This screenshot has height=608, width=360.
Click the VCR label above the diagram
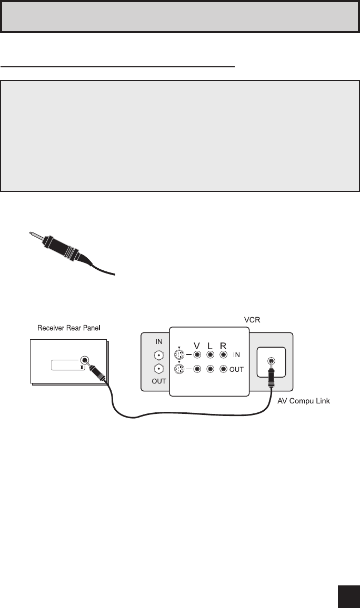click(252, 320)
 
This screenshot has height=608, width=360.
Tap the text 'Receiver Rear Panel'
click(68, 328)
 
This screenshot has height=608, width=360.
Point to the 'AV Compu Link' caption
click(303, 401)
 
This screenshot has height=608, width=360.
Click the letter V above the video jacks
click(197, 346)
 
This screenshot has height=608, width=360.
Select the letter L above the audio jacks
click(210, 346)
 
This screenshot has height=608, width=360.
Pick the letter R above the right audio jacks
click(223, 346)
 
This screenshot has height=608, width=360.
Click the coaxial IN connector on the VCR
click(158, 355)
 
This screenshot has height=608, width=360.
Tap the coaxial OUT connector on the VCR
click(158, 369)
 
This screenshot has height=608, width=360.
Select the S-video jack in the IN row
click(179, 355)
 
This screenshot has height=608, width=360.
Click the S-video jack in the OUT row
click(179, 369)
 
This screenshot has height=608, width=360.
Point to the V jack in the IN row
click(197, 354)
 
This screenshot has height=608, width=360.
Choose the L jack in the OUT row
click(210, 369)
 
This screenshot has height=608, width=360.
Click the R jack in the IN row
click(224, 354)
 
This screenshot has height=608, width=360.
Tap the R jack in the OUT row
click(224, 369)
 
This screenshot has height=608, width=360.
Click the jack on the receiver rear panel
click(85, 360)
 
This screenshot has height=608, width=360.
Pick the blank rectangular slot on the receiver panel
click(68, 365)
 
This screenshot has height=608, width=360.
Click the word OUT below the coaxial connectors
click(158, 381)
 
